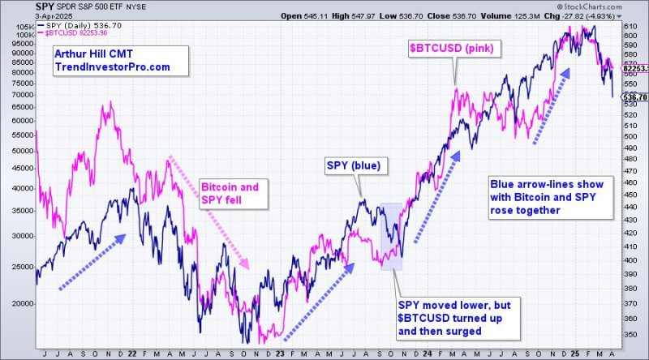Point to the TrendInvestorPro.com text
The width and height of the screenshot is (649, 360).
pyautogui.click(x=112, y=66)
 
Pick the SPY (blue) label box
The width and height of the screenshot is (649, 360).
pyautogui.click(x=358, y=167)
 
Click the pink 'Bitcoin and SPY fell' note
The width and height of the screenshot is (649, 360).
pyautogui.click(x=230, y=192)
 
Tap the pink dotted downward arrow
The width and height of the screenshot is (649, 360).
pyautogui.click(x=207, y=211)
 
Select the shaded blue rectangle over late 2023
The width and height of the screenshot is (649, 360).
pyautogui.click(x=391, y=236)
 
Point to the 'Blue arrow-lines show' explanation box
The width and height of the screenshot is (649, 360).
pyautogui.click(x=543, y=197)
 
